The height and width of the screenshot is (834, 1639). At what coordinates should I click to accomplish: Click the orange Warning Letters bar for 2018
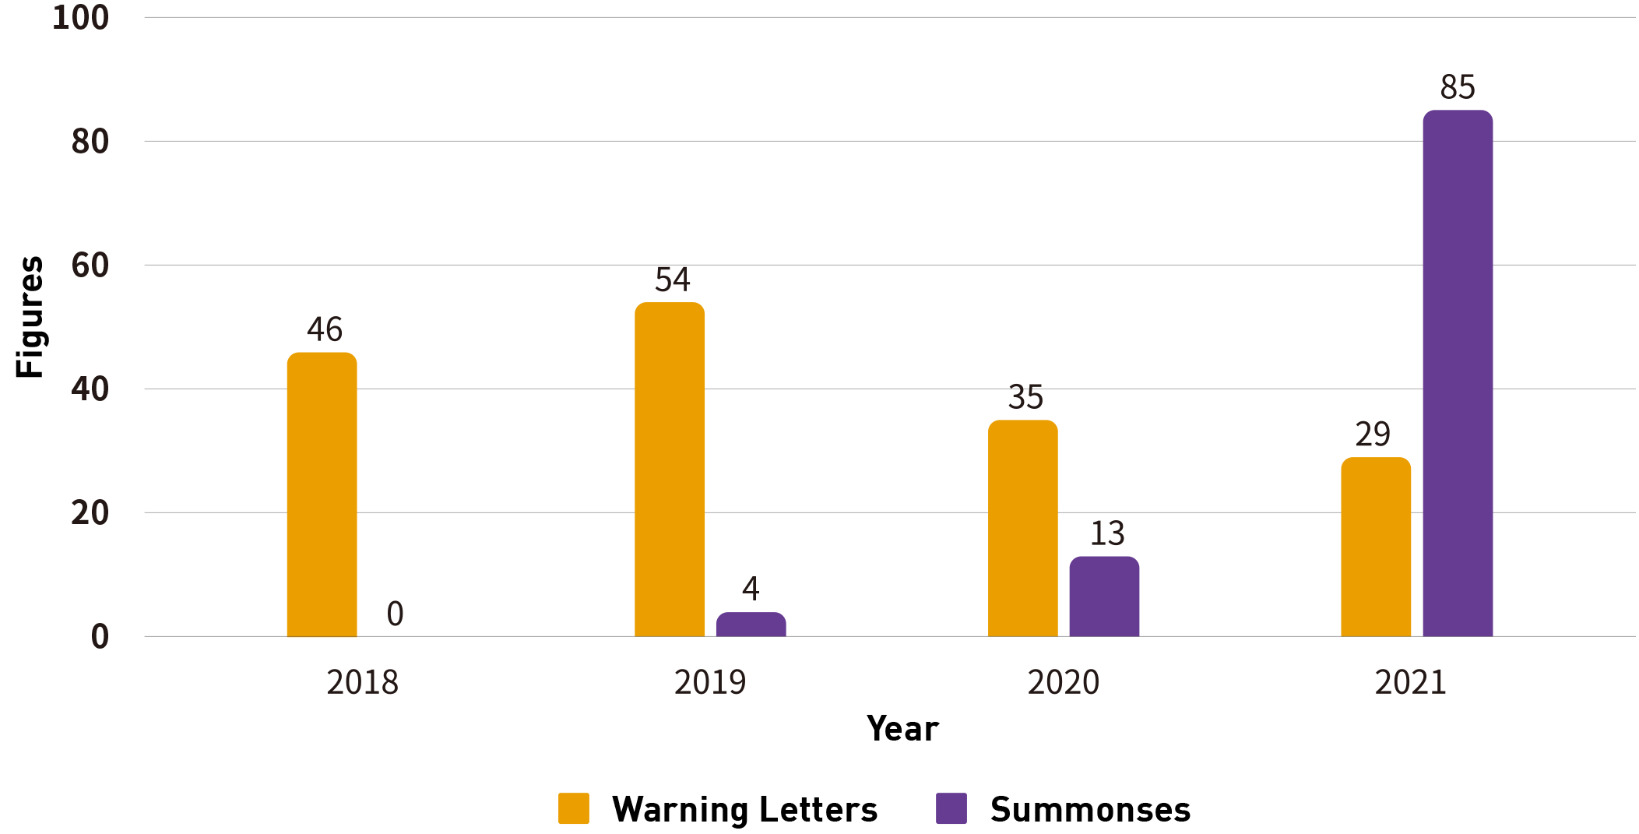tap(322, 494)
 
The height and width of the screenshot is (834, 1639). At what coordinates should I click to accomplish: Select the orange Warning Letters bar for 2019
tap(670, 470)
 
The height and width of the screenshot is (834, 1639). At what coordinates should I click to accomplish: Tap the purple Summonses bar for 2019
tap(751, 625)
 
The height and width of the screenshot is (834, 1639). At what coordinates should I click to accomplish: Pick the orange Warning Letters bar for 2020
tap(1022, 528)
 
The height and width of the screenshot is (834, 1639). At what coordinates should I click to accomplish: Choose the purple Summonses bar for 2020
tap(1104, 596)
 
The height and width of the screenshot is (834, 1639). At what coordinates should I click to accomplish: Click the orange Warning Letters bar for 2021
tap(1376, 547)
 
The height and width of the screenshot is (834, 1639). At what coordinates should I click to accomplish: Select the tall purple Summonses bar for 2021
tap(1458, 374)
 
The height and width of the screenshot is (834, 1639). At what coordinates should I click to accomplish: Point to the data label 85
tap(1458, 87)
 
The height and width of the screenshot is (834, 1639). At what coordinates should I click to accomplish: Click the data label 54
tap(672, 280)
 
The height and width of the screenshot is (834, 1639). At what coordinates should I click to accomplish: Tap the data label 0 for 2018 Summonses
tap(395, 614)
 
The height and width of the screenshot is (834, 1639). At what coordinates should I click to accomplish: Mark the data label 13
tap(1106, 534)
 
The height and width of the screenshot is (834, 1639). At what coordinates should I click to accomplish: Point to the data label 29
tap(1373, 435)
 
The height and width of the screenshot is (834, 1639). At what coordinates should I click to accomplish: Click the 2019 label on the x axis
tap(709, 683)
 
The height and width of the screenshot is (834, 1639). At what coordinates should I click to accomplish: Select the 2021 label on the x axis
tap(1410, 683)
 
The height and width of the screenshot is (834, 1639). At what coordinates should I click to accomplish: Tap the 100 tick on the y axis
tap(80, 18)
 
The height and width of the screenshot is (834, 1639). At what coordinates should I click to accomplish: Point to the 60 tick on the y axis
tap(90, 266)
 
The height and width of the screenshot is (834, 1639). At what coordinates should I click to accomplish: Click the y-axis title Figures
tap(30, 317)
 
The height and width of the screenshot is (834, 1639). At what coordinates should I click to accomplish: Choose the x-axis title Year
tap(902, 729)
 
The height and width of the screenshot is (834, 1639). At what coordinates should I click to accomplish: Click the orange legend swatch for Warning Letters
tap(574, 808)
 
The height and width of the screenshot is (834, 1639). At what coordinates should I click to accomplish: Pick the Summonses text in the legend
tap(1090, 810)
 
